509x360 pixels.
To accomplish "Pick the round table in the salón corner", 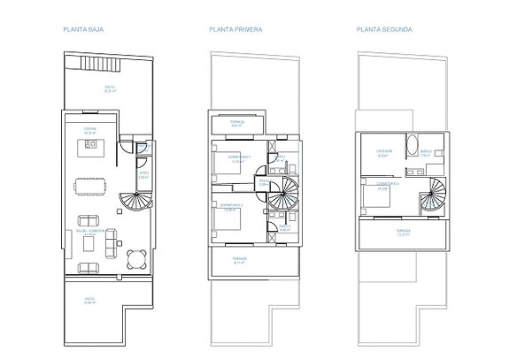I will [x=135, y=259].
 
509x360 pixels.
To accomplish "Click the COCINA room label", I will [x=90, y=129].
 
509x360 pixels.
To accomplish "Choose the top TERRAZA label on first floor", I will [x=236, y=123].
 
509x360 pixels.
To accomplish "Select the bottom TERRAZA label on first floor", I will [x=239, y=259].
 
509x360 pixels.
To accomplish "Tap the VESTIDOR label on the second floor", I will [x=383, y=151].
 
